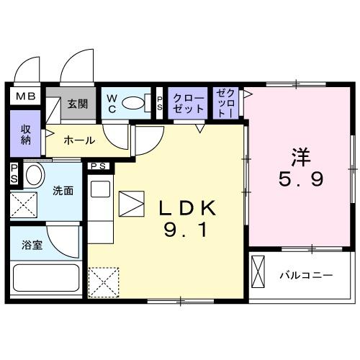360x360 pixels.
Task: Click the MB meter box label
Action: pos(26,96)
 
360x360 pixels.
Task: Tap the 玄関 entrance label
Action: pos(78,104)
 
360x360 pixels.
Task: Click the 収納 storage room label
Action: pos(26,135)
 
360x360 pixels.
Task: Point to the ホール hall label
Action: pos(79,140)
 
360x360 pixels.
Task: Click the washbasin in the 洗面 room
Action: pos(34,175)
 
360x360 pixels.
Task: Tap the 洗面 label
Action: pos(63,191)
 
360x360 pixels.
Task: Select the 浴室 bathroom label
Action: pos(32,245)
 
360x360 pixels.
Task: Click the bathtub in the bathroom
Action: pos(46,278)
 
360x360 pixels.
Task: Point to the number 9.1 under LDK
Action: pos(185,229)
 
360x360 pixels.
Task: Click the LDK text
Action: pos(187,208)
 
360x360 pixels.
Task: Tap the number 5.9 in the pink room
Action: pos(301,179)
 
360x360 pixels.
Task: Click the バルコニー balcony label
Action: pos(306,275)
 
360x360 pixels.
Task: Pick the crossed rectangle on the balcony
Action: pos(258,271)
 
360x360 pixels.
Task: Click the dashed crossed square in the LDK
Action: pos(104,283)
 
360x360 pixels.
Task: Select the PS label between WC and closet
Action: pos(160,104)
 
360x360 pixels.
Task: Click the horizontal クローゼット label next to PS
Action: pos(189,104)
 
